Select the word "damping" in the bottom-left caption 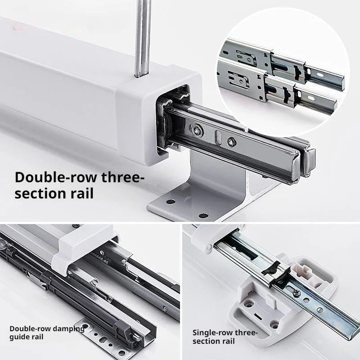[x=69, y=329]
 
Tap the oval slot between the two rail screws [x=218, y=137]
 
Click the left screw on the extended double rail [x=197, y=130]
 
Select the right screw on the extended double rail [x=231, y=142]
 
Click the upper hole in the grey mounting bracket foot [x=171, y=202]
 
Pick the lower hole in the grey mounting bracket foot [x=203, y=216]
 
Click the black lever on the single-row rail [x=271, y=269]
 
